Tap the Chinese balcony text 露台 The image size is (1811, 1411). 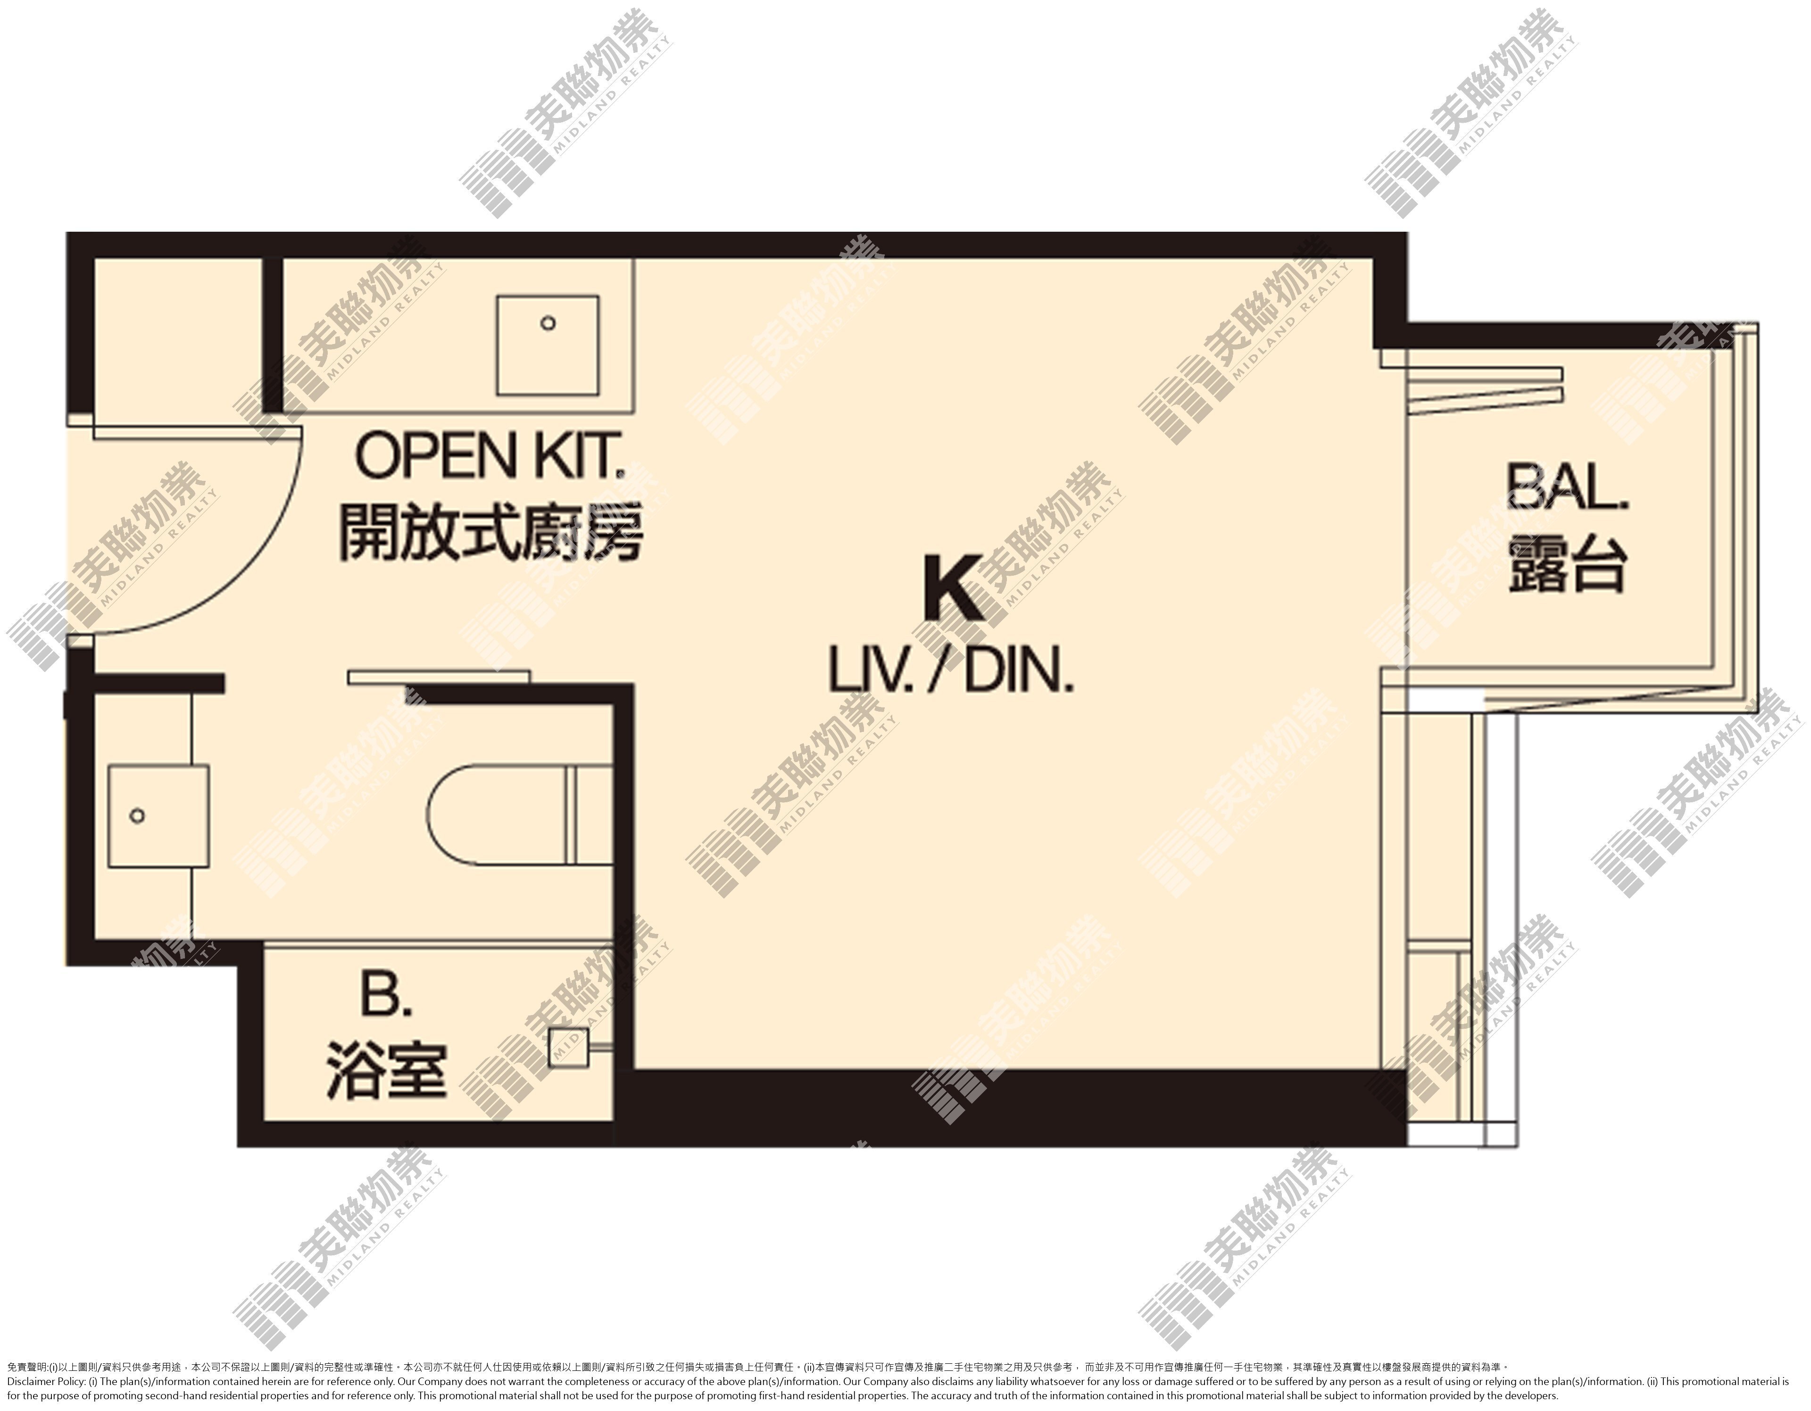(1566, 563)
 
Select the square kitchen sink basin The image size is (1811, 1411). (547, 345)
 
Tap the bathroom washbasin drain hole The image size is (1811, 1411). (138, 816)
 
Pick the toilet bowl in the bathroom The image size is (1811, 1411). (498, 816)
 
